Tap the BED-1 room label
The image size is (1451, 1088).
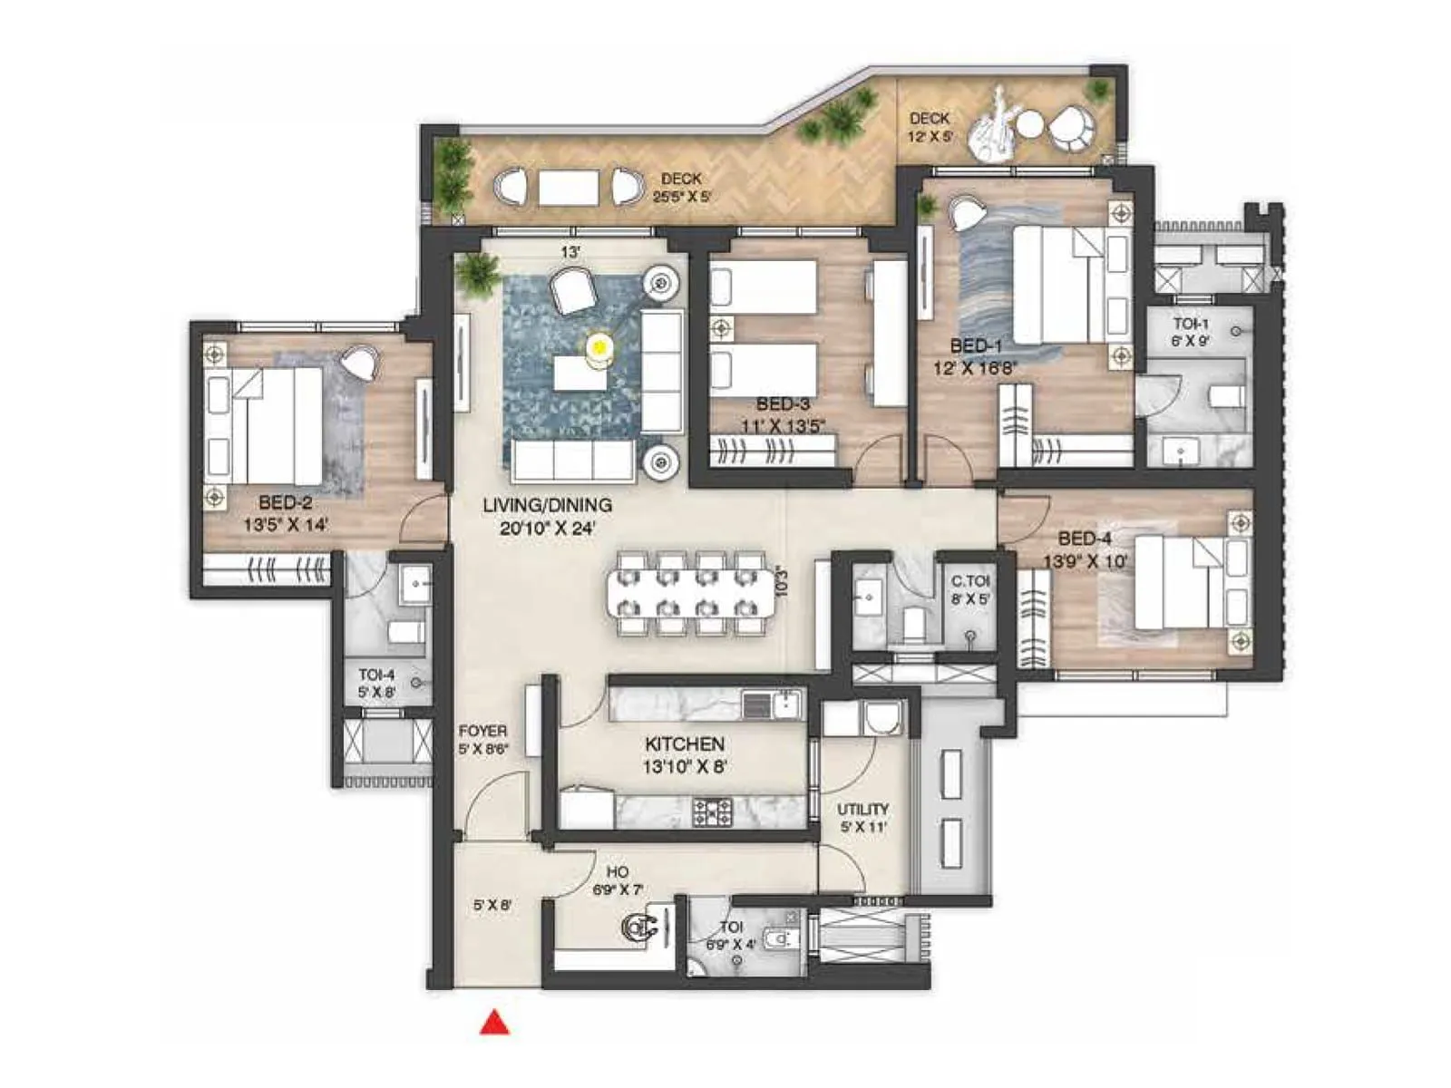pos(976,345)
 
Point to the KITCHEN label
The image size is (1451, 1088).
pos(684,743)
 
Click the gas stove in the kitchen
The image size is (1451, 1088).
pos(712,811)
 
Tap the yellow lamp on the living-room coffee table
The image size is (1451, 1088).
pos(599,345)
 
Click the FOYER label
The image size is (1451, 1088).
pos(482,731)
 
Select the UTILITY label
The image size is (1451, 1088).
pos(862,809)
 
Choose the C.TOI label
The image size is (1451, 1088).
pos(969,581)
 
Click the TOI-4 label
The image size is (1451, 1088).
pos(376,675)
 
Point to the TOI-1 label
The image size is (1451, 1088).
pos(1190,324)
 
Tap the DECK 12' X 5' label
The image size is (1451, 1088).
pos(930,127)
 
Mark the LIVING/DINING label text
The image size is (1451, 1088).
pos(547,505)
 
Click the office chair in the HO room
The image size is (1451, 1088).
pos(639,927)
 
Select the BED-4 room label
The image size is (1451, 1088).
pos(1084,538)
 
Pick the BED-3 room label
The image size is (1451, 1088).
pos(783,404)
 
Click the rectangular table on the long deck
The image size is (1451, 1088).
pos(569,188)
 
